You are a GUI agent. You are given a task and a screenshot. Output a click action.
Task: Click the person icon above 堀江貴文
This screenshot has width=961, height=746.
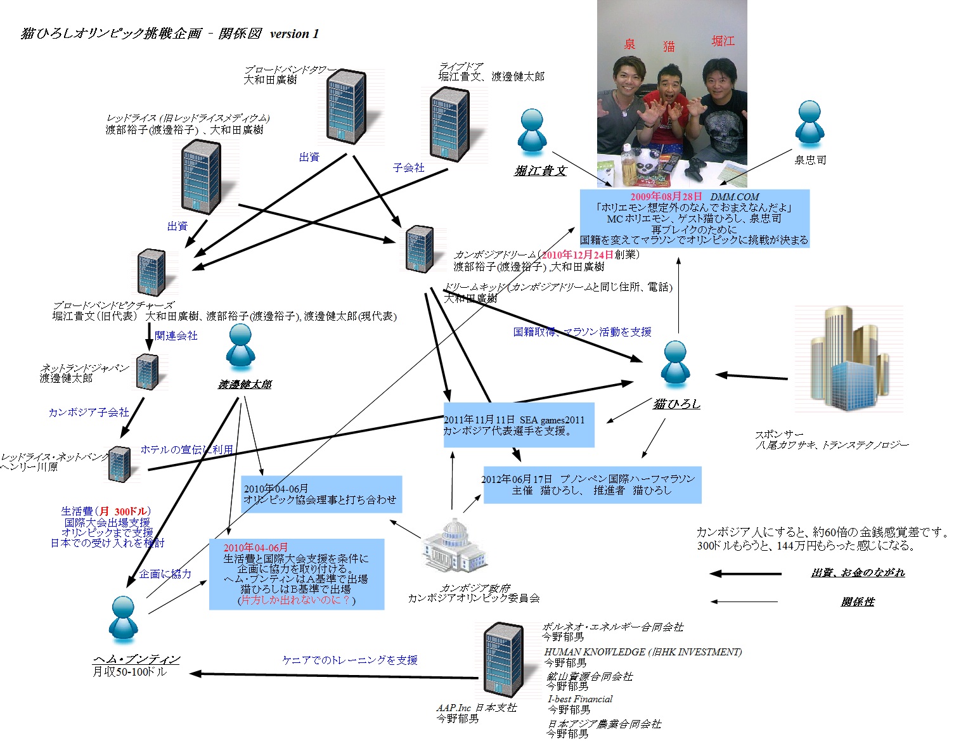531,132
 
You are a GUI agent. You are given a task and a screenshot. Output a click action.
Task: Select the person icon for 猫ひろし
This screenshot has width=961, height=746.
674,366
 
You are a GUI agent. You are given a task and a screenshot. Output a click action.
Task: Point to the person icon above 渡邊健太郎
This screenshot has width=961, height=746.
240,348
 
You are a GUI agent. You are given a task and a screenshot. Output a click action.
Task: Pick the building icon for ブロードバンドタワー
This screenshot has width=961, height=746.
346,106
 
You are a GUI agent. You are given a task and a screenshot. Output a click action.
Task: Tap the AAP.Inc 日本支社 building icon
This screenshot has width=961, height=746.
504,660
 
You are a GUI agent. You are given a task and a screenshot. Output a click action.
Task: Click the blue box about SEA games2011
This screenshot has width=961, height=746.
519,425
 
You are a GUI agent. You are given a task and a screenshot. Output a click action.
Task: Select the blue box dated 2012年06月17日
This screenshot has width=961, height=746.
592,485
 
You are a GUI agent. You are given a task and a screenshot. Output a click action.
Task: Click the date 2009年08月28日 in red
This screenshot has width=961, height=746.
666,196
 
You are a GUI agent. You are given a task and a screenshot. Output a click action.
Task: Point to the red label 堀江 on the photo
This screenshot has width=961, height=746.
723,41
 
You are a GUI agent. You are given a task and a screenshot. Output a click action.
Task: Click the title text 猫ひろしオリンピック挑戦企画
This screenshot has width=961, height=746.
111,34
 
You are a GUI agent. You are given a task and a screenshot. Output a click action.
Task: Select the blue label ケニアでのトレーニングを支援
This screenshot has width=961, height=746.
349,660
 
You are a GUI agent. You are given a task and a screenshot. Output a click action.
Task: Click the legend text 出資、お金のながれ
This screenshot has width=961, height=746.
857,572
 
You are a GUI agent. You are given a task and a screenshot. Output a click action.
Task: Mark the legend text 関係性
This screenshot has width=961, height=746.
857,601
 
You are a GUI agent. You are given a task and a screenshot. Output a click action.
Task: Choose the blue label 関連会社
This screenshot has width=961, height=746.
176,335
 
